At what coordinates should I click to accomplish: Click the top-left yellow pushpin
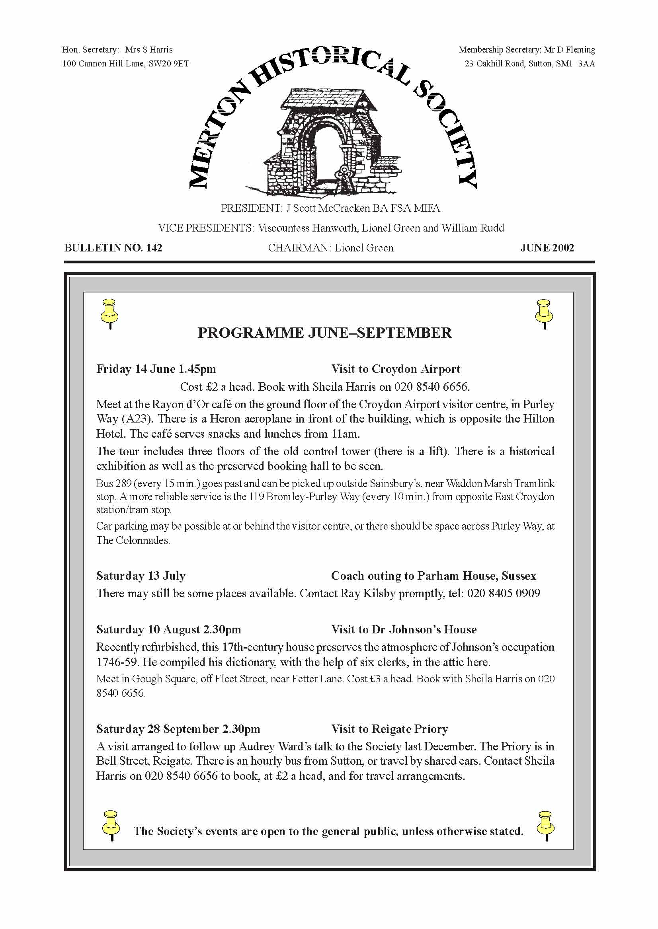pyautogui.click(x=109, y=313)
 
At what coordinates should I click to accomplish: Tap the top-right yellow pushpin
pyautogui.click(x=544, y=313)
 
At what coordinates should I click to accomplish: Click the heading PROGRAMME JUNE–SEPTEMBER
pyautogui.click(x=324, y=333)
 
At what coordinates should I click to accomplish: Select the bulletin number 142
pyautogui.click(x=154, y=248)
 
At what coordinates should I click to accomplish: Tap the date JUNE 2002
pyautogui.click(x=547, y=248)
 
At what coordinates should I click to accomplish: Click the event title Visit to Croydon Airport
pyautogui.click(x=395, y=369)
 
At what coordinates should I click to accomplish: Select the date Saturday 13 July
pyautogui.click(x=141, y=575)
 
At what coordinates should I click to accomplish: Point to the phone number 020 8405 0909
pyautogui.click(x=504, y=593)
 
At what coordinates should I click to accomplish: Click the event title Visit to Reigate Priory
pyautogui.click(x=389, y=729)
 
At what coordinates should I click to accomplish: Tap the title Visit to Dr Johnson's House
pyautogui.click(x=404, y=629)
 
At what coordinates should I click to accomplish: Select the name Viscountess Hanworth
pyautogui.click(x=308, y=228)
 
